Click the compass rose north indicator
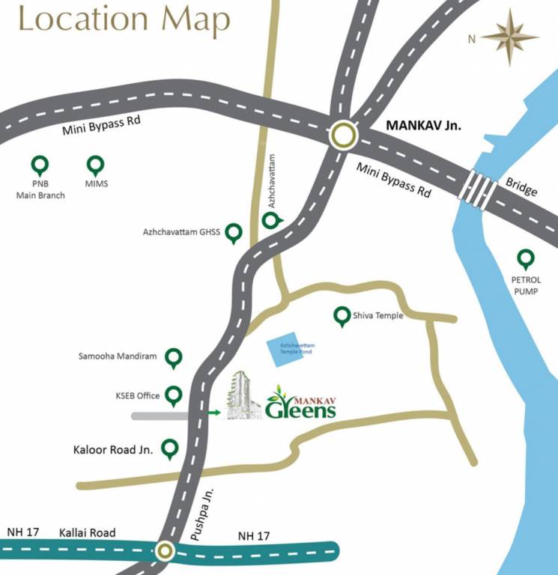pos(510,36)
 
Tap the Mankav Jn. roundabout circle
pos(344,136)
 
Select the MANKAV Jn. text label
pos(423,125)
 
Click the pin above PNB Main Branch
pos(40,165)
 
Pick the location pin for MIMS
pos(96,165)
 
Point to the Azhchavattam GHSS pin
pos(234,233)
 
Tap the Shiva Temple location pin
pos(343,316)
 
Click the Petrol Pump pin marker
pos(526,259)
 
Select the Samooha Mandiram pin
pos(174,358)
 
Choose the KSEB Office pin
pos(174,395)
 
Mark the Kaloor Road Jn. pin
pos(170,449)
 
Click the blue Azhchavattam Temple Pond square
pos(287,350)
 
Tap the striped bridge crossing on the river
pos(479,190)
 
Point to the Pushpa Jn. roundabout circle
pos(165,552)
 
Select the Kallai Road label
pos(88,533)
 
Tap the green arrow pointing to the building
pos(216,412)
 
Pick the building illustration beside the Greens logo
pos(243,395)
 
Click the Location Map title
pos(124,20)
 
